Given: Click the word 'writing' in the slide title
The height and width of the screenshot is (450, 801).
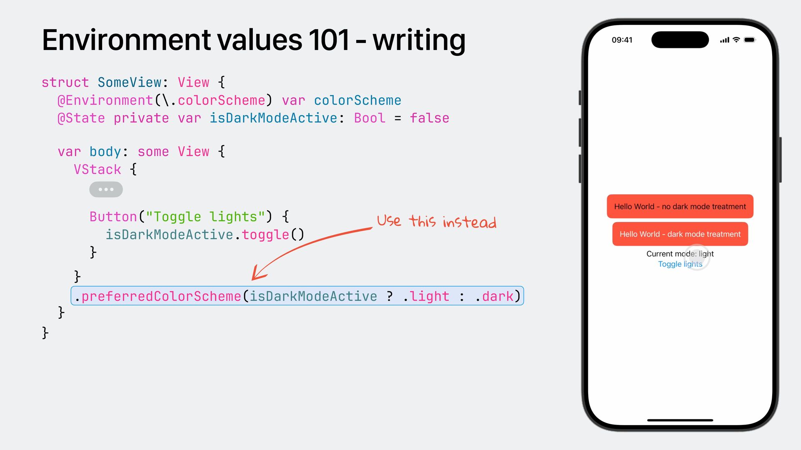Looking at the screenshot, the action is pos(418,40).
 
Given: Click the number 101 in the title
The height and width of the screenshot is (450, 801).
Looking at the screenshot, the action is pos(329,40).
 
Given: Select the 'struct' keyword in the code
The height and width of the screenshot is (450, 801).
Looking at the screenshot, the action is pos(65,82).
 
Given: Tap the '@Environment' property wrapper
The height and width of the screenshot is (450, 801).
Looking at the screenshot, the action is pos(105,100).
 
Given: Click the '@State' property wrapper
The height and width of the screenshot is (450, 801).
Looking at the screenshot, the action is pos(81,118).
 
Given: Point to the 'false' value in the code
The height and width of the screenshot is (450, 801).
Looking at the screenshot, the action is pos(429,118).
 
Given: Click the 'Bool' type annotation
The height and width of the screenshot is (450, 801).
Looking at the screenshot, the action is pos(370,118).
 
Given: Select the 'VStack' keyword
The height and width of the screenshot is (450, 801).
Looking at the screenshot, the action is pos(97,170).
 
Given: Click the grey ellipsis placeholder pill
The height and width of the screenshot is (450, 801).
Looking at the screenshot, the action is pos(106,190).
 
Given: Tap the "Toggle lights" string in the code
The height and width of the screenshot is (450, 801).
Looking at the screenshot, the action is pos(205,217).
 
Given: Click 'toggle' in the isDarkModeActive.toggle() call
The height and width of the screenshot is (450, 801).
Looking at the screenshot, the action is pos(265,235).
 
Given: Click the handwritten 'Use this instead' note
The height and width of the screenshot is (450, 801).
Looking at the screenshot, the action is pos(436,221).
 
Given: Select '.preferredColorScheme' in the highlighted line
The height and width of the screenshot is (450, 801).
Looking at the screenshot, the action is pos(158,296).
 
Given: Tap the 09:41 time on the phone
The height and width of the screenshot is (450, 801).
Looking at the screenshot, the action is pos(622,40).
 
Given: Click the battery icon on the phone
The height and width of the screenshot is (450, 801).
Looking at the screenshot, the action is pos(750,40).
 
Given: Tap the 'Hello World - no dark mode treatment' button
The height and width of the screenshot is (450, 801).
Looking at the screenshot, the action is pos(680,206).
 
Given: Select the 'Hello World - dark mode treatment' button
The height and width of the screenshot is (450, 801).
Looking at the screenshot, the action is pos(680,234).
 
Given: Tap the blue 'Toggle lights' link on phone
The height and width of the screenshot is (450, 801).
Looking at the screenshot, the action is pos(680,264).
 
